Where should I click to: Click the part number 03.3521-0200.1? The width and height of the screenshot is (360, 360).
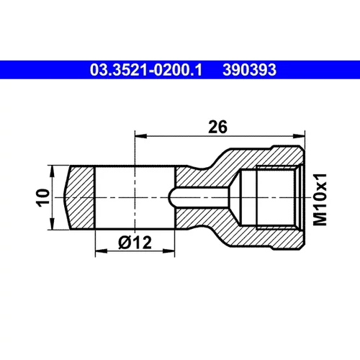[x=146, y=70]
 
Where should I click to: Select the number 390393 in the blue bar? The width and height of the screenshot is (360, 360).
[x=249, y=70]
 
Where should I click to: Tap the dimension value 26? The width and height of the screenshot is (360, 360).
[x=217, y=127]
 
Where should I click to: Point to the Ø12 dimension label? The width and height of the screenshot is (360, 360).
[x=135, y=243]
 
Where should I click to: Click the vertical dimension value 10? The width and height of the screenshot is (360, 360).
[x=42, y=197]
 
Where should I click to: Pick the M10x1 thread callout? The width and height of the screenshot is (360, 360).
[x=320, y=199]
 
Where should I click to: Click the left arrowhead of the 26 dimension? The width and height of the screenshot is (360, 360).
[x=141, y=136]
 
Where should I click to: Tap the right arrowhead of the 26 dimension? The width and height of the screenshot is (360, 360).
[x=299, y=136]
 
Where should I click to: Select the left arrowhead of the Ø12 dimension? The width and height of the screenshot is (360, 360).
[x=102, y=251]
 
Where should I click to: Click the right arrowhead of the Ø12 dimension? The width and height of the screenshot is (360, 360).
[x=168, y=251]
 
